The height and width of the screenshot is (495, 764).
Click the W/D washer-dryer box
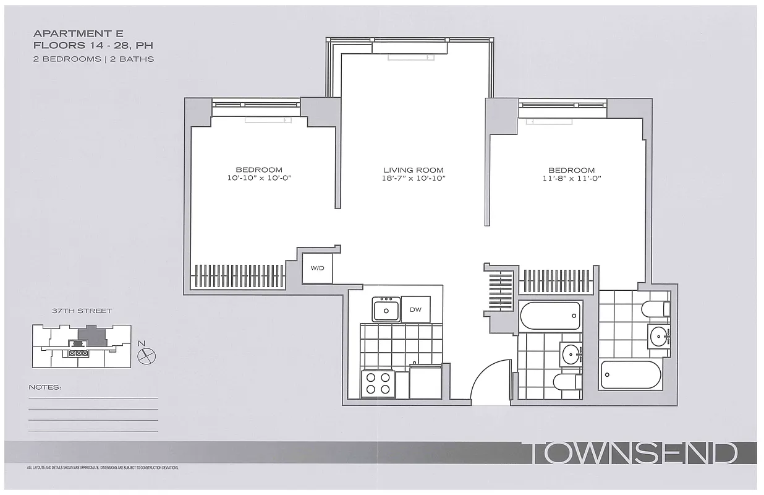(x=317, y=268)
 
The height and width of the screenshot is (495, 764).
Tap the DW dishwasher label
(x=415, y=309)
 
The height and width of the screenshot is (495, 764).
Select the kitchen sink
(x=386, y=309)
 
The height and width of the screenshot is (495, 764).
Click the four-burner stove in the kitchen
(x=378, y=383)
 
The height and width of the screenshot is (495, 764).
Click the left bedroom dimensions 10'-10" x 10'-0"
(x=259, y=178)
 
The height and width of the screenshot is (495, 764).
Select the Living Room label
(x=413, y=170)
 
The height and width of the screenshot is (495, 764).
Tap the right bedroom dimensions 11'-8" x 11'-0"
(x=571, y=178)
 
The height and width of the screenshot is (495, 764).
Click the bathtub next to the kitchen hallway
(x=550, y=316)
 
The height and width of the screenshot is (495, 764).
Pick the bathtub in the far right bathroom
(x=631, y=374)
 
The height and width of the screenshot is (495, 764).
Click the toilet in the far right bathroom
(x=655, y=308)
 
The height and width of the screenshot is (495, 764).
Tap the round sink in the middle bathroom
(x=571, y=355)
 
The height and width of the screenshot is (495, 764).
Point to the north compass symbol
(x=148, y=355)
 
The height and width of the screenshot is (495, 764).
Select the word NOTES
(x=45, y=387)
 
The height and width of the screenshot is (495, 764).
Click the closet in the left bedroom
(x=239, y=275)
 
